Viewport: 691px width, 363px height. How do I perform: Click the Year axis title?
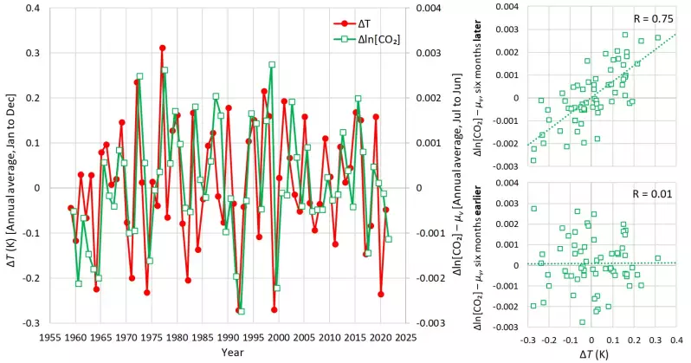pos(231,352)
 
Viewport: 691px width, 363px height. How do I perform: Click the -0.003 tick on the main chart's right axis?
pos(431,323)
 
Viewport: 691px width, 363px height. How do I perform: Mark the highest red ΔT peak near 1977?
pos(162,48)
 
